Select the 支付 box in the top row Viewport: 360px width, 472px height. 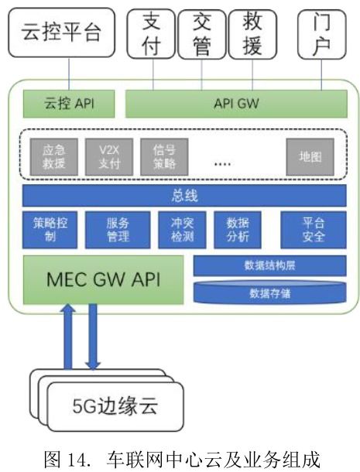click(x=152, y=34)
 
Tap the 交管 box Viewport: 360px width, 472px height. click(x=202, y=34)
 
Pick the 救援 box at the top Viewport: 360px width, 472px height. click(x=252, y=34)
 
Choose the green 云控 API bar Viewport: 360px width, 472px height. click(x=68, y=102)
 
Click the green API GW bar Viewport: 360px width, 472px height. click(x=235, y=102)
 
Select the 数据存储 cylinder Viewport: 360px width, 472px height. click(x=269, y=293)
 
